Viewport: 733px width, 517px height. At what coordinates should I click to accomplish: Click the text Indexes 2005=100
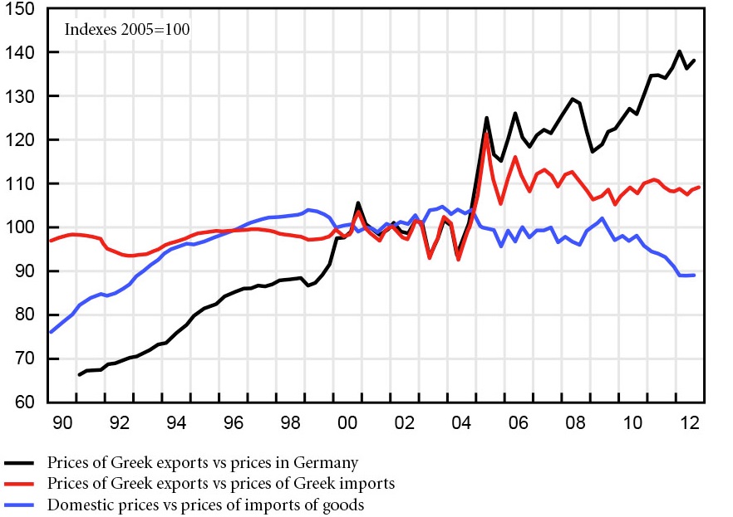(x=128, y=30)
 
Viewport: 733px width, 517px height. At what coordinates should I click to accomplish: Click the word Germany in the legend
(x=331, y=462)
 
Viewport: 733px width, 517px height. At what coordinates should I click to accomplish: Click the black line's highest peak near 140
(x=680, y=51)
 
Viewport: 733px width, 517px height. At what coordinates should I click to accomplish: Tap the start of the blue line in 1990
(x=50, y=332)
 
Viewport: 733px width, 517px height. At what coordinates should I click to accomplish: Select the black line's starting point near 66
(x=79, y=375)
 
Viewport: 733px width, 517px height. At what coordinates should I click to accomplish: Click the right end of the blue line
(x=695, y=275)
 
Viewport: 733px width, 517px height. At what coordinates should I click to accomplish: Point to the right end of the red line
(x=699, y=188)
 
